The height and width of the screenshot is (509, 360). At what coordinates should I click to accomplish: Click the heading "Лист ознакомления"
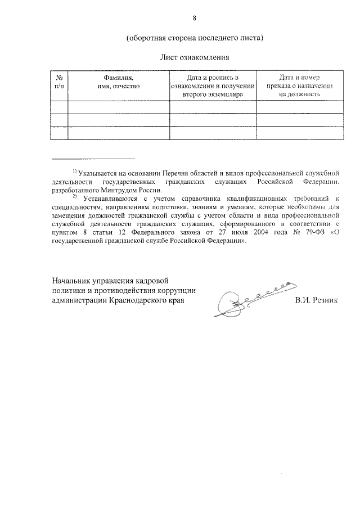coord(195,57)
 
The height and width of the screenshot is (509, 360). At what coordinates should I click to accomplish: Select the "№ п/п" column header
coord(59,82)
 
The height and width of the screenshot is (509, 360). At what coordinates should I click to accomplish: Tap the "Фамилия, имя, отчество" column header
coord(118,82)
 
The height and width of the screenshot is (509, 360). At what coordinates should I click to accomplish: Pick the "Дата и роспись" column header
coord(213,86)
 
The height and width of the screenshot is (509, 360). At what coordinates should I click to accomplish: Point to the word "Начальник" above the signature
coord(73,280)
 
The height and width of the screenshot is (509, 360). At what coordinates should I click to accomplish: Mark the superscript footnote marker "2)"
coord(74,196)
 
